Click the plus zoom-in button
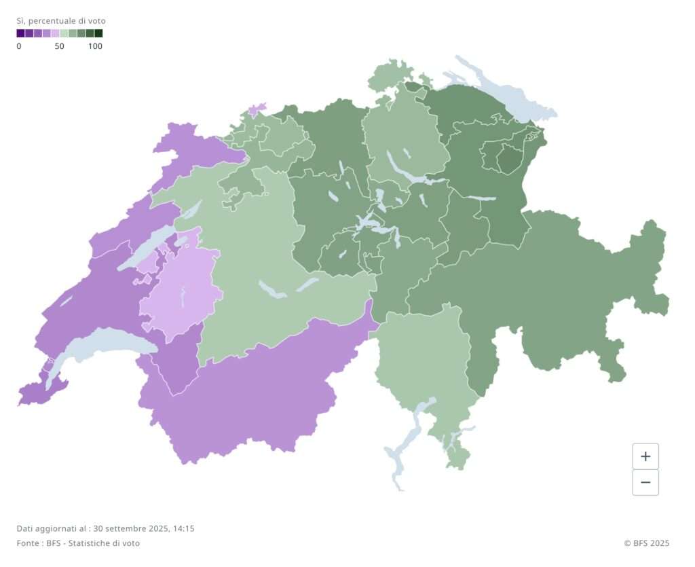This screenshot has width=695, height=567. pos(645,456)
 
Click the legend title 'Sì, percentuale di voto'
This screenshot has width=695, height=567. pos(61,21)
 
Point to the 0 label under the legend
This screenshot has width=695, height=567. pos(19,46)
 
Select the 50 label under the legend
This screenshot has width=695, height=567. pos(60,46)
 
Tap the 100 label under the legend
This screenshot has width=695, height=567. pos(95,46)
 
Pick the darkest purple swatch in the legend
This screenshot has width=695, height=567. pos(20,33)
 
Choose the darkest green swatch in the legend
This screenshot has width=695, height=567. pos(98,33)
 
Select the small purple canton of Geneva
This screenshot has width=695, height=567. pos(34,392)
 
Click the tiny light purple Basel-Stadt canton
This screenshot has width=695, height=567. pos(257,109)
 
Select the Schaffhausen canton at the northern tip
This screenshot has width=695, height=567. pos(390,76)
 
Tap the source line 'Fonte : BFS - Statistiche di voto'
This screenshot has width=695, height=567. pos(78,543)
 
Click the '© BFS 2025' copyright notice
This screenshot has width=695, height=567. pos(646,543)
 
